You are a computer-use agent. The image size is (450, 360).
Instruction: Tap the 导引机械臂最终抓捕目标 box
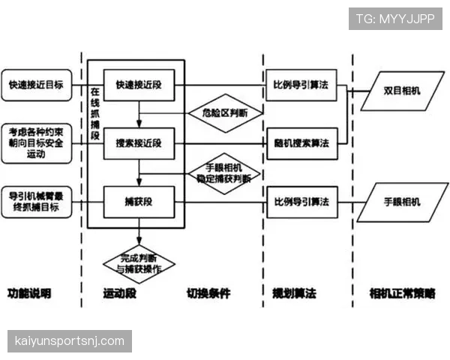pos(35,201)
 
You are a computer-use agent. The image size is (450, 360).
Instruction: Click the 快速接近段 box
pos(139,85)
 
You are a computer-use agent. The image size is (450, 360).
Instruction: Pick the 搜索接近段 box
pos(139,142)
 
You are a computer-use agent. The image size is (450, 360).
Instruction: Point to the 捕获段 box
pos(139,201)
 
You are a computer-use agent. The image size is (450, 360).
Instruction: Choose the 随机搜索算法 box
pos(300,142)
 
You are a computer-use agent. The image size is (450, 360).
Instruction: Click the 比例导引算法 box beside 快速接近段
pos(300,85)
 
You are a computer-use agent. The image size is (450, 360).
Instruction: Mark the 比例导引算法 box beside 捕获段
pos(300,201)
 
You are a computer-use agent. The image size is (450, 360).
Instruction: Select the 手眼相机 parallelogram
pos(402,201)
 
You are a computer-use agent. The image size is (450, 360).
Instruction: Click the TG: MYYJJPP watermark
pos(395,18)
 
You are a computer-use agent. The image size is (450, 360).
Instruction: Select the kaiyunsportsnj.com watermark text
pos(69,341)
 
